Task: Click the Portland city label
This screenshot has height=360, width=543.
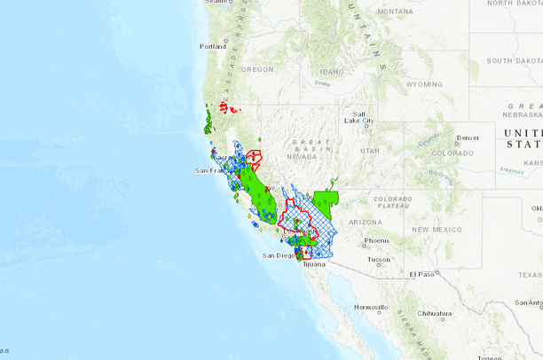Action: (x=213, y=46)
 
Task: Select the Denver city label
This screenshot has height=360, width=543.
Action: (x=468, y=137)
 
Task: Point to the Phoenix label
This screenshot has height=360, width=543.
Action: (x=376, y=240)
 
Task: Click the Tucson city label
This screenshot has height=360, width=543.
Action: (x=379, y=260)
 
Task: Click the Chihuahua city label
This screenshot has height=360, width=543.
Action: (x=437, y=313)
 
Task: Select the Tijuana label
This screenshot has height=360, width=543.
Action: (x=313, y=263)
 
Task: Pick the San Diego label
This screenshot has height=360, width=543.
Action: (x=279, y=255)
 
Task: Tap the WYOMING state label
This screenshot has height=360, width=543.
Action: (x=424, y=84)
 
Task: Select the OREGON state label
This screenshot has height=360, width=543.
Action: (x=258, y=69)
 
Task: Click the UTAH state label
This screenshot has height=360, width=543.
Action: (x=370, y=152)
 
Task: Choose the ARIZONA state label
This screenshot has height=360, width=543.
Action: (x=366, y=221)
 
